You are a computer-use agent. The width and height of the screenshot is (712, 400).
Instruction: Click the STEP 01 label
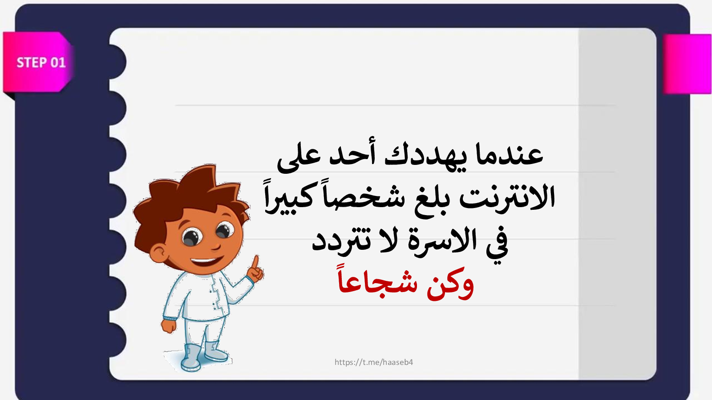[x=41, y=63]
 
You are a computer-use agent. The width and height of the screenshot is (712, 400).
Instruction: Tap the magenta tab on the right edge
[x=687, y=64]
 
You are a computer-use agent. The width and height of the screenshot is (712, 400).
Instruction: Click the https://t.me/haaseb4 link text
[x=373, y=362]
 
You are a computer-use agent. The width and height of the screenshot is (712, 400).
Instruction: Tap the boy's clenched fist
[x=169, y=326]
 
